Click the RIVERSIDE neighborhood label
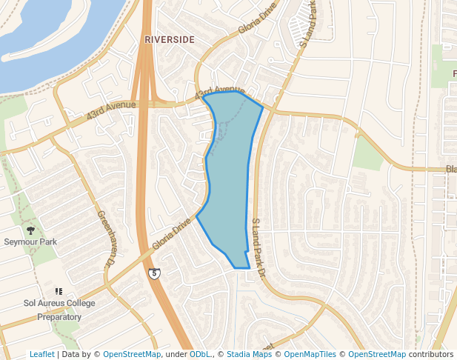pyautogui.click(x=170, y=39)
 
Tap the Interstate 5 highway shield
pyautogui.click(x=153, y=273)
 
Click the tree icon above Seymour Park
pyautogui.click(x=30, y=230)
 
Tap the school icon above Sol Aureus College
pyautogui.click(x=59, y=291)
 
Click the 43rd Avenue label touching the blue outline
pyautogui.click(x=220, y=92)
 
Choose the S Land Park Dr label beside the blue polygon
pyautogui.click(x=258, y=248)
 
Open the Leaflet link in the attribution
pyautogui.click(x=42, y=354)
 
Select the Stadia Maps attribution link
pyautogui.click(x=249, y=354)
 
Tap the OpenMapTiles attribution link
pyautogui.click(x=310, y=354)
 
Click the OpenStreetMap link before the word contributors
pyautogui.click(x=377, y=354)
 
